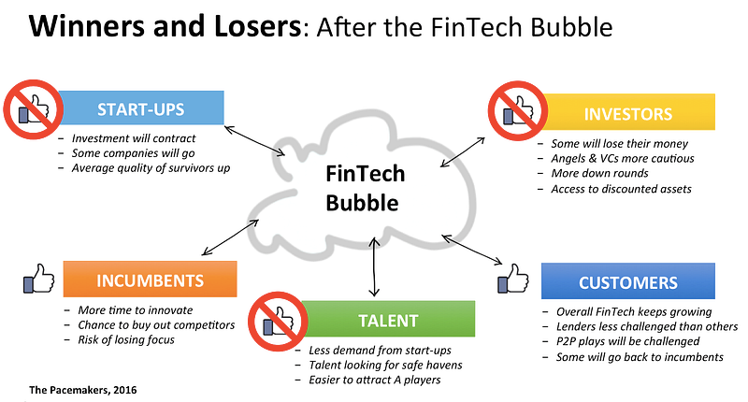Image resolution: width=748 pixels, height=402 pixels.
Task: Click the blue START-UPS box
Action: click(x=141, y=108)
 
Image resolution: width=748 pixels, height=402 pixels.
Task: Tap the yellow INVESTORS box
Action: click(x=628, y=112)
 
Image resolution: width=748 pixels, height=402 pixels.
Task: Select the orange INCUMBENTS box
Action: click(x=150, y=279)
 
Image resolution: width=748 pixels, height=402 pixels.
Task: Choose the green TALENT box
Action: click(x=388, y=319)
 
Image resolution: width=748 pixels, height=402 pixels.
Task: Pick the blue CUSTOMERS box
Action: click(x=627, y=280)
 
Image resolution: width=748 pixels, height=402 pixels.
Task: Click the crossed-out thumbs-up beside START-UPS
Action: click(x=34, y=109)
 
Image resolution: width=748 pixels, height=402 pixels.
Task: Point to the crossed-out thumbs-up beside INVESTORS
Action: click(x=518, y=110)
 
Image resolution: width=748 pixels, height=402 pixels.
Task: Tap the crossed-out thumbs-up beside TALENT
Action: click(x=278, y=322)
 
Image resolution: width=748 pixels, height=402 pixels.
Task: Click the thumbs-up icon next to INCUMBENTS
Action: click(x=38, y=279)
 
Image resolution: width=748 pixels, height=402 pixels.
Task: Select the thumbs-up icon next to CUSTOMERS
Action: click(x=512, y=279)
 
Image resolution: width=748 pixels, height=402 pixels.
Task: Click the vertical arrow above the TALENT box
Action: click(x=375, y=267)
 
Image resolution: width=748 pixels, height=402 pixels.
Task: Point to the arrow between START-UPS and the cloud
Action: click(x=254, y=140)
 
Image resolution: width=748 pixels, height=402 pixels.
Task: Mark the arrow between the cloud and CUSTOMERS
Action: click(x=472, y=250)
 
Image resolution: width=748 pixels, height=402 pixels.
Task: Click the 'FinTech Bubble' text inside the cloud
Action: click(x=365, y=188)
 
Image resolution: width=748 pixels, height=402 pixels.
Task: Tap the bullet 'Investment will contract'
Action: click(x=134, y=138)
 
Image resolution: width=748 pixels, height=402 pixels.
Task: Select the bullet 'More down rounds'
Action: click(x=599, y=173)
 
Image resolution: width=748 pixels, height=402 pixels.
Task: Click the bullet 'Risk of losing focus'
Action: click(x=126, y=339)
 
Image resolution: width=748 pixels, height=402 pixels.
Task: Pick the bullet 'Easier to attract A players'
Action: click(x=375, y=380)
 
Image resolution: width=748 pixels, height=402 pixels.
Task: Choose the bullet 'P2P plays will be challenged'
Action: click(x=627, y=341)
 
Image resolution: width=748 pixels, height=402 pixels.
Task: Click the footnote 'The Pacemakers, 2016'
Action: click(x=82, y=390)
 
